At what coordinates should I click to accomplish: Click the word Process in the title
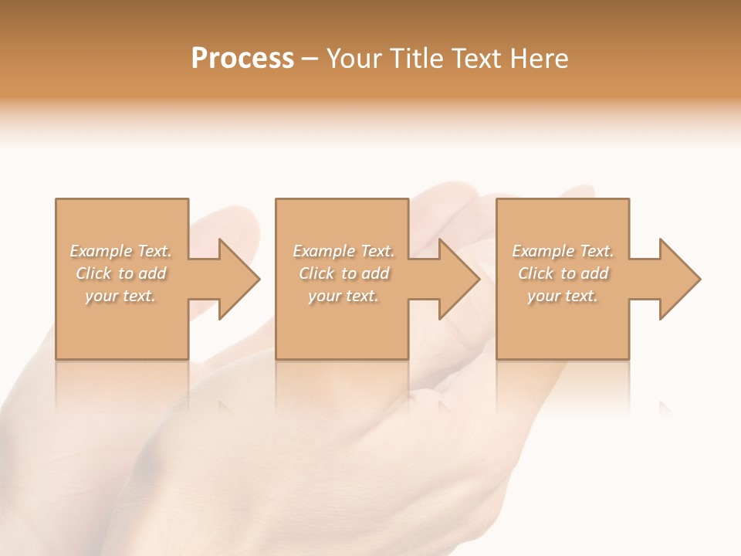242,59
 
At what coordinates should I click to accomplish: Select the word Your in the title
356,59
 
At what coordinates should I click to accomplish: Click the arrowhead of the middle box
458,279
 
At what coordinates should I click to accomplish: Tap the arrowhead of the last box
678,279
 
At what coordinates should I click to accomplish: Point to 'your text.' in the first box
120,296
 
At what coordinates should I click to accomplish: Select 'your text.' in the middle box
343,296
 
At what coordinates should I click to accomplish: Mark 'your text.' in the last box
563,296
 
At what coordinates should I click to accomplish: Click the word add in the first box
153,273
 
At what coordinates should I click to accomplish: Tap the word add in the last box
595,273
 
